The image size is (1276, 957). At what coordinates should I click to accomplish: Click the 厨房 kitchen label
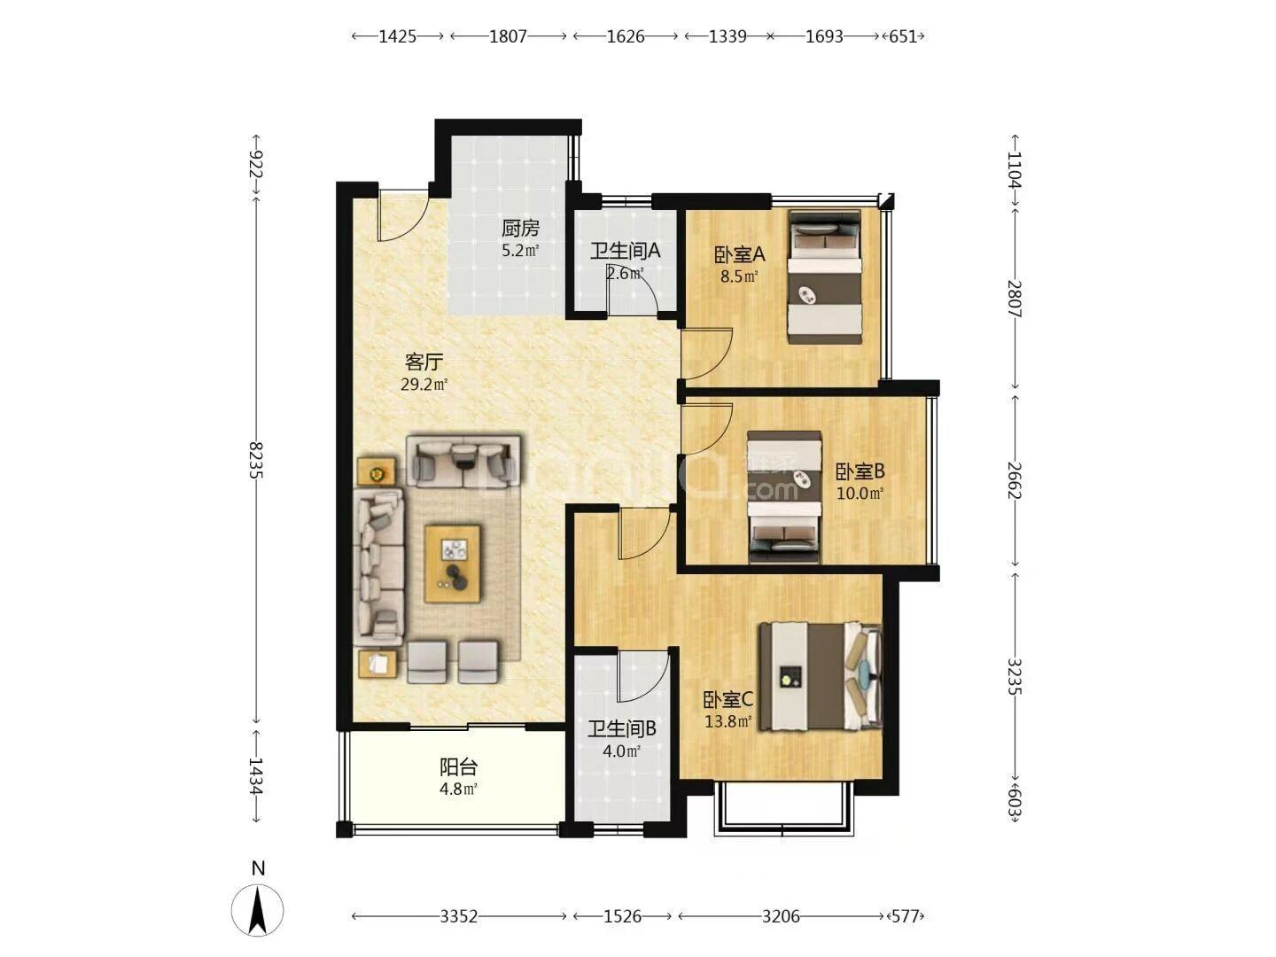click(519, 229)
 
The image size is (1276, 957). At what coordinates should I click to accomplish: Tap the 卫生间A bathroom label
click(625, 251)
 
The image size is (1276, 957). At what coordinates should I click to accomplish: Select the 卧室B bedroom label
click(860, 471)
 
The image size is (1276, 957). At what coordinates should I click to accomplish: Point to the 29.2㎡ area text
click(424, 384)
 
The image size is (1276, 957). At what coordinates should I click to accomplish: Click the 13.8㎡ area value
click(728, 721)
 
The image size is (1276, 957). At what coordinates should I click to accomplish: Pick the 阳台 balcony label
click(458, 767)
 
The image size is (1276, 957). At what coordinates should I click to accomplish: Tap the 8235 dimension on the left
click(256, 460)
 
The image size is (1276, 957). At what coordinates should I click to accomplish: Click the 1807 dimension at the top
click(508, 36)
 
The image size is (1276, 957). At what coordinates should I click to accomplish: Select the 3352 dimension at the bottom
click(459, 917)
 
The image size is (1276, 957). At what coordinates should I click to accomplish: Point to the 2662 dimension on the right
click(1015, 480)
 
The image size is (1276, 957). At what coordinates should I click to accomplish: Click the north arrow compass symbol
click(258, 911)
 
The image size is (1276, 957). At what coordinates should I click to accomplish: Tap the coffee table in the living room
click(453, 564)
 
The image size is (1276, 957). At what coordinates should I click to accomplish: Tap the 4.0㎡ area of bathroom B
click(621, 751)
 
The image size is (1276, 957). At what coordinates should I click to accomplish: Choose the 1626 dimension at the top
click(626, 36)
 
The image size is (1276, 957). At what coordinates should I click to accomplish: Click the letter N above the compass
click(258, 868)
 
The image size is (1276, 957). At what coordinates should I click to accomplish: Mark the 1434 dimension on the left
click(256, 777)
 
